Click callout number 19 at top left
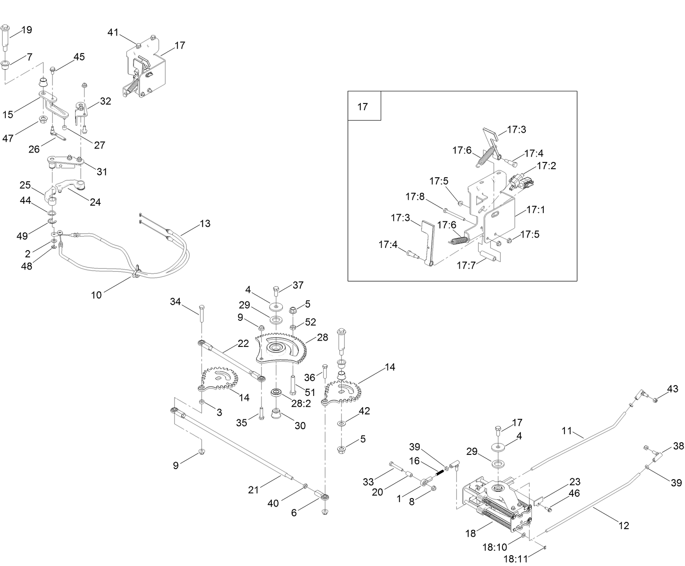[27, 30]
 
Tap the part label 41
[113, 32]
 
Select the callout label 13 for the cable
[205, 224]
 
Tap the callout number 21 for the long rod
[254, 490]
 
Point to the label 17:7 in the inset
[466, 265]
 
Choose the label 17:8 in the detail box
[415, 197]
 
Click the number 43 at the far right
[672, 389]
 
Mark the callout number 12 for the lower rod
[624, 525]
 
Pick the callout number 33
[369, 482]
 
